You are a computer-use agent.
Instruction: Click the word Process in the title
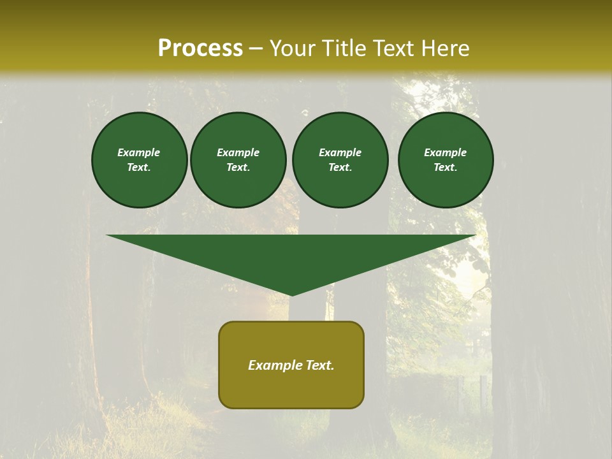click(x=200, y=48)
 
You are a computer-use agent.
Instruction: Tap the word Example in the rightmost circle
click(x=446, y=152)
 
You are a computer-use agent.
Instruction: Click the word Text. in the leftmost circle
click(x=139, y=167)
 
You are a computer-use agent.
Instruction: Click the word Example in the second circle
click(x=238, y=152)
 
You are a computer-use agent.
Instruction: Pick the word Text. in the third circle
click(x=340, y=167)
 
